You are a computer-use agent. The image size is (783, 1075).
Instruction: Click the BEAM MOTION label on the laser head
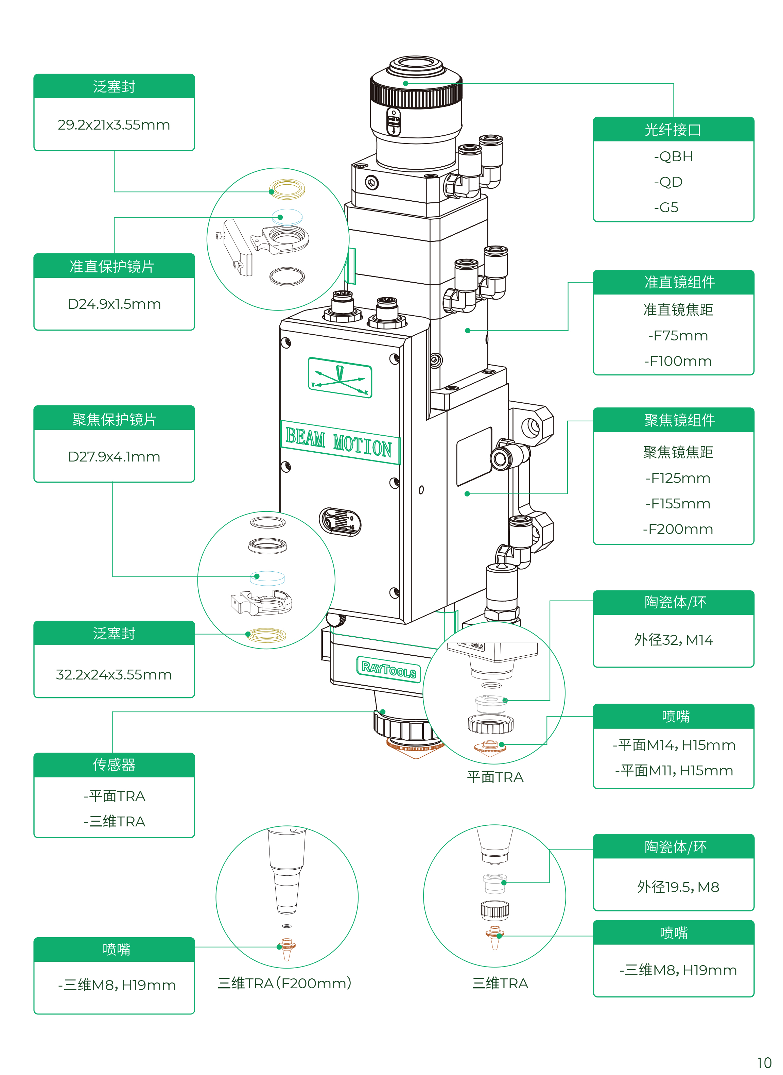(340, 442)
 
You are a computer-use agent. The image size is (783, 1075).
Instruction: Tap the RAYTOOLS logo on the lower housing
(389, 669)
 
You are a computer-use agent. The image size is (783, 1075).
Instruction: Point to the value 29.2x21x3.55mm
(114, 125)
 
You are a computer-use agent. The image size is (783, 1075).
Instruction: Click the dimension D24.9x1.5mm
(114, 304)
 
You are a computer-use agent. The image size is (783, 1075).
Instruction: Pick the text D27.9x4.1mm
(114, 457)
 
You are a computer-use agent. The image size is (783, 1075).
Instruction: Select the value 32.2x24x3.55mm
(114, 674)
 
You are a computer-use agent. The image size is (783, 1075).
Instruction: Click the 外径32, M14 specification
(674, 640)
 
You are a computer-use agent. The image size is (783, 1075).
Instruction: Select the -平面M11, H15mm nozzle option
(674, 771)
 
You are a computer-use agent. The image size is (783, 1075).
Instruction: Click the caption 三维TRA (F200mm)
(284, 983)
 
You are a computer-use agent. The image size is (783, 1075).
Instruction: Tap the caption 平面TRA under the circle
(495, 777)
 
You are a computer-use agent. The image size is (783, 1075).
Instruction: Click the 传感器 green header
(114, 765)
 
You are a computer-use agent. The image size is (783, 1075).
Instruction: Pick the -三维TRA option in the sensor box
(114, 821)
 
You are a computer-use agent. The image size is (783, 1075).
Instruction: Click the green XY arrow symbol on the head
(340, 378)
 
